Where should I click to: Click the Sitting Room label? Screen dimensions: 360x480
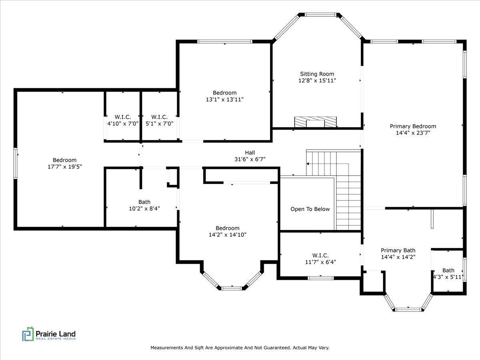tap(317, 74)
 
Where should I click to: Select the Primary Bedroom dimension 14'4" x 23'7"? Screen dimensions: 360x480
tap(413, 133)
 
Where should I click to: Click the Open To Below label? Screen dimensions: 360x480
tap(310, 209)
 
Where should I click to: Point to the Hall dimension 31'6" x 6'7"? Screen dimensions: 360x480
tap(250, 159)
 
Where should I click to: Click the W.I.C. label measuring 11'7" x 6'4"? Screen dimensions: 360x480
tap(320, 255)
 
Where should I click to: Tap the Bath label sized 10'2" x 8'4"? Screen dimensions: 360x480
tap(144, 202)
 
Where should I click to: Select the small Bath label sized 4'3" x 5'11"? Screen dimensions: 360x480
tap(448, 270)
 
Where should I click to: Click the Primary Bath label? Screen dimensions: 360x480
tap(398, 250)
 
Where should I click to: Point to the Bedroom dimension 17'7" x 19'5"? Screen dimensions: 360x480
tap(64, 166)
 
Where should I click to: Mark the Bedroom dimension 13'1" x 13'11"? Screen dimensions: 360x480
tap(224, 100)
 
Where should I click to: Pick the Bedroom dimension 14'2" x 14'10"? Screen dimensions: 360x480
tap(227, 235)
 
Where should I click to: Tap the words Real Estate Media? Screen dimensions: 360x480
tap(56, 339)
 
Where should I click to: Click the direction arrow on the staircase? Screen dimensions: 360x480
tap(308, 164)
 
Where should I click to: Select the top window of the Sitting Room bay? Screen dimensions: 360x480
tap(321, 15)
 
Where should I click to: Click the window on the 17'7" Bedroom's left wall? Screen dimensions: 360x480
tap(16, 163)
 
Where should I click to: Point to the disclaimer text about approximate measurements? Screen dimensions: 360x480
tap(240, 348)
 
